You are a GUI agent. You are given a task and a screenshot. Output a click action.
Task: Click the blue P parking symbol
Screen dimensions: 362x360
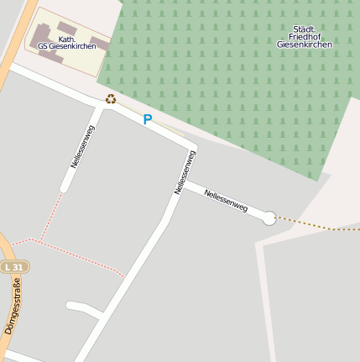(x=148, y=120)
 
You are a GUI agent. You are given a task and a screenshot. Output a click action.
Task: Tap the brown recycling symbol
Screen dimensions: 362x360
(x=111, y=99)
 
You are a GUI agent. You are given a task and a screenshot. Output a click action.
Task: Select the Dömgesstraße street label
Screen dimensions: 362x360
(x=12, y=309)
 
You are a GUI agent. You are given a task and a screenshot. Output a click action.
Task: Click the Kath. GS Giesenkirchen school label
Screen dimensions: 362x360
(x=67, y=42)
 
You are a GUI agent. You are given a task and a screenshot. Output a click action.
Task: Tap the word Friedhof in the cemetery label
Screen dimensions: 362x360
(x=305, y=36)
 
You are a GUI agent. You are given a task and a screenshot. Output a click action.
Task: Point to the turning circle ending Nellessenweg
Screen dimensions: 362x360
(x=269, y=218)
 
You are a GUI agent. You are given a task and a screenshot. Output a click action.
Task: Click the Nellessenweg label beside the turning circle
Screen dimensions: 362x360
(x=226, y=200)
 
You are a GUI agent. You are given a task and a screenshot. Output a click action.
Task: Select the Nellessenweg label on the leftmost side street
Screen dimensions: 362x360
(x=83, y=147)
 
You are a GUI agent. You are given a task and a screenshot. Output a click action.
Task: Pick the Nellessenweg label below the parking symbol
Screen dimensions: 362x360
(x=185, y=172)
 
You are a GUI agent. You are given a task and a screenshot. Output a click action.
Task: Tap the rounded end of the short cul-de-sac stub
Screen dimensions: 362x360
(x=70, y=306)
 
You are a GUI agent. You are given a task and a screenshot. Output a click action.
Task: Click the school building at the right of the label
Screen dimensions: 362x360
(x=99, y=43)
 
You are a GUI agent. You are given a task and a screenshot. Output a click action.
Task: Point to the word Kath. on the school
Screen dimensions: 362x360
(x=66, y=38)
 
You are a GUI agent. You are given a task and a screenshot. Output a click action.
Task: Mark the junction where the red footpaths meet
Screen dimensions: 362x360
(x=36, y=241)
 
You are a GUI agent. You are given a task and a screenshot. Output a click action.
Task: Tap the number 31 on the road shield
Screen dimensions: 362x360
(x=19, y=267)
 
